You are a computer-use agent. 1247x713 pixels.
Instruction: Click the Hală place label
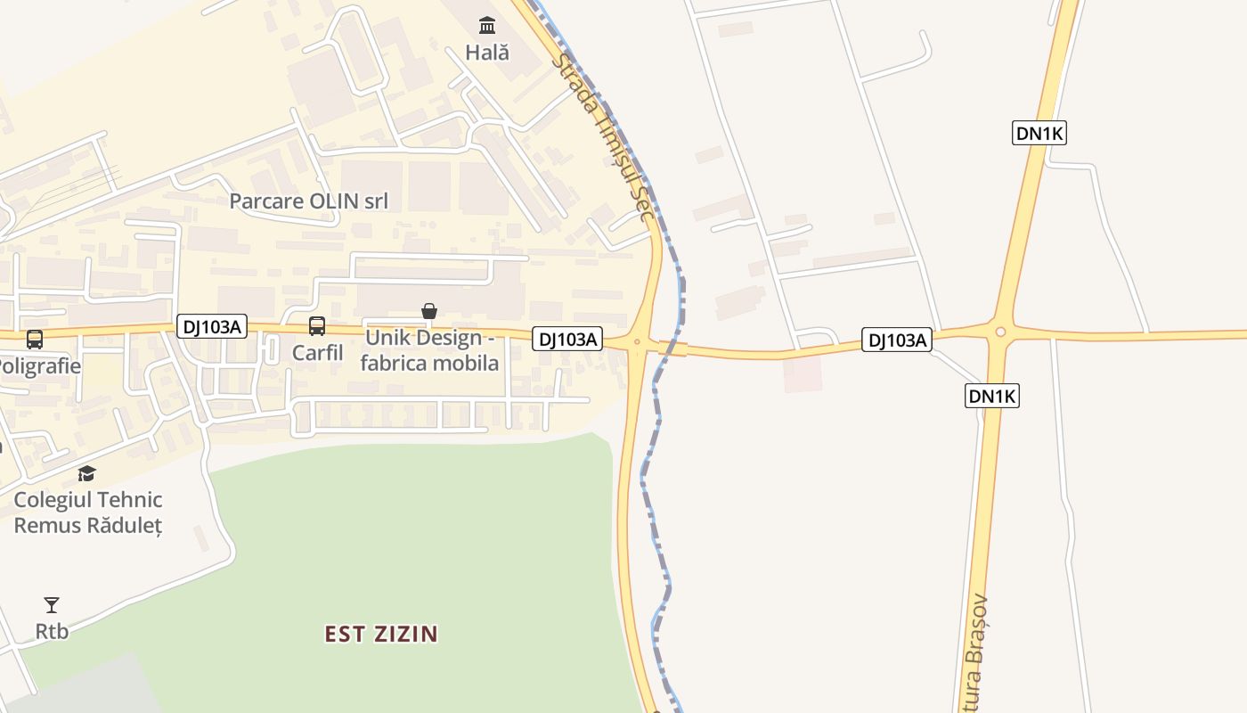487,53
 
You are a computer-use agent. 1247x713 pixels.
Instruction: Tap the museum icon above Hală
487,24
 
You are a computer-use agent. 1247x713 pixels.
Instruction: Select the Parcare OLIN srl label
309,201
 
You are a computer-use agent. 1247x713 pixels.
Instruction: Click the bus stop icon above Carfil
317,326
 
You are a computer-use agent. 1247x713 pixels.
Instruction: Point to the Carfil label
317,352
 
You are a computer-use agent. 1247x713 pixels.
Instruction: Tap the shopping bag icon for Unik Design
429,311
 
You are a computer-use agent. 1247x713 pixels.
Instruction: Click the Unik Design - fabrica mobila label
430,351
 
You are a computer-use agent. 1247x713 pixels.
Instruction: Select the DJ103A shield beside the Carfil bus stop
211,326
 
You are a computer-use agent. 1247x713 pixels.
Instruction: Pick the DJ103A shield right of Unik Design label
567,339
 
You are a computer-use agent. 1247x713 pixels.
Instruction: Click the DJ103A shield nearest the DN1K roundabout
897,340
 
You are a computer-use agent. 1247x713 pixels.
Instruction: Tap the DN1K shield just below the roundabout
991,396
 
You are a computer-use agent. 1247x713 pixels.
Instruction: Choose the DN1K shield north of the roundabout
1039,134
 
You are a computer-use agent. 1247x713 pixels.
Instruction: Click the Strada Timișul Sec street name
604,138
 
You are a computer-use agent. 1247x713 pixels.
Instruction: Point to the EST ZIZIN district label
381,635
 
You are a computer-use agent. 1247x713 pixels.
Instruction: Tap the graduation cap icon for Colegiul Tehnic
86,473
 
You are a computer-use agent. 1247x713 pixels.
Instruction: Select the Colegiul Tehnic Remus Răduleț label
87,512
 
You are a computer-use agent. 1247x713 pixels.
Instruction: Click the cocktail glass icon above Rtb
52,606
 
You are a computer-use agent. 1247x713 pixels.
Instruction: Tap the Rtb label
52,631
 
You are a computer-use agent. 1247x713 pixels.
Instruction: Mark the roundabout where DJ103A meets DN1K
1000,332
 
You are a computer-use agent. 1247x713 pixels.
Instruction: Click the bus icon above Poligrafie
35,340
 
